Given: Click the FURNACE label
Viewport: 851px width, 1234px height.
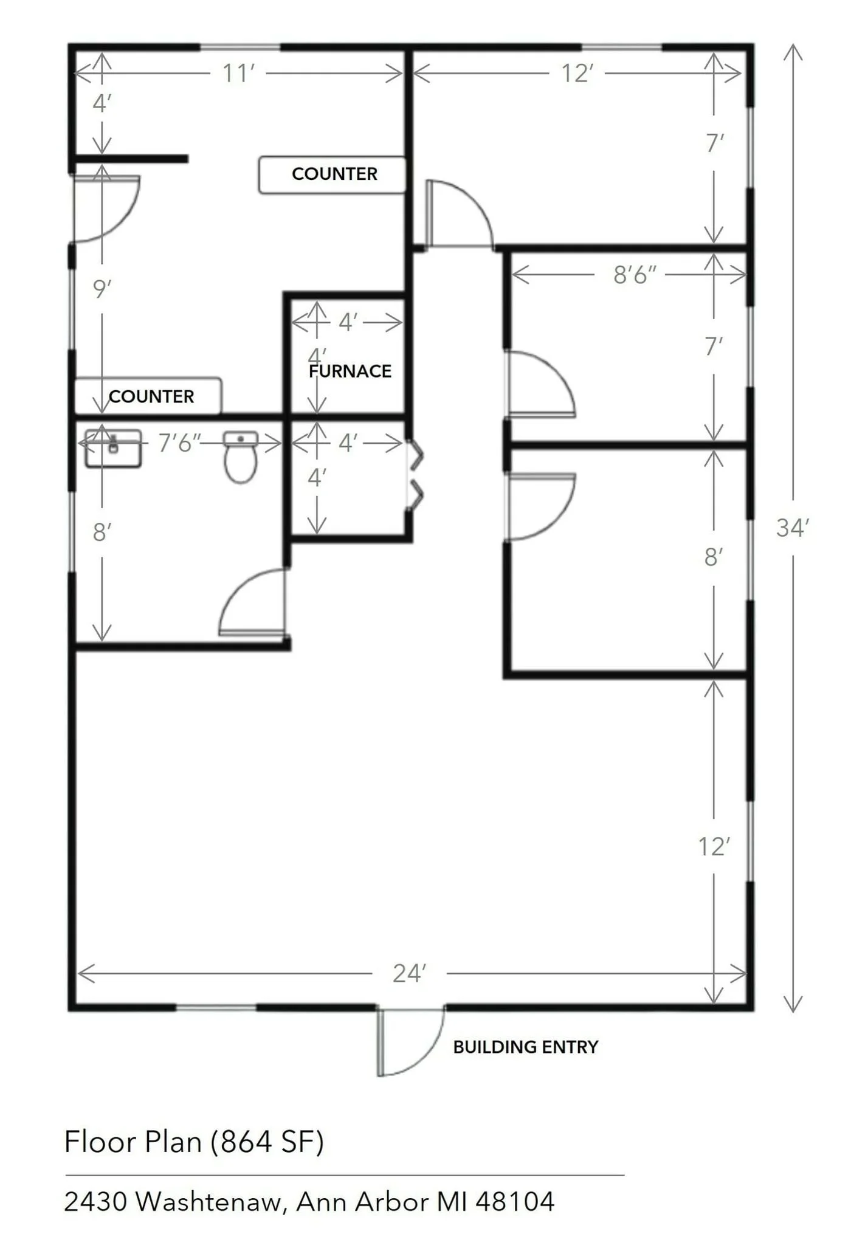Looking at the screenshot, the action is click(350, 371).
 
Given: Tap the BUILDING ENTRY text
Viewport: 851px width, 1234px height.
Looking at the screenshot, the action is click(526, 1047).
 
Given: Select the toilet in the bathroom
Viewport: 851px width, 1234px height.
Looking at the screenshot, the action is click(241, 457).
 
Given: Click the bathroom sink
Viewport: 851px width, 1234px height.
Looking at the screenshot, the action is click(113, 449).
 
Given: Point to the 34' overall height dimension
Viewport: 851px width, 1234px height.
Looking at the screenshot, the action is click(793, 528).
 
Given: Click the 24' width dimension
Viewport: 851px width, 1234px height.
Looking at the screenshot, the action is click(409, 973).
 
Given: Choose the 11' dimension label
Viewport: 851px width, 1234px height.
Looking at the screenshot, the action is click(238, 73).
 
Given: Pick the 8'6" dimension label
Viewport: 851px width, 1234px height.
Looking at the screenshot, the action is click(635, 275).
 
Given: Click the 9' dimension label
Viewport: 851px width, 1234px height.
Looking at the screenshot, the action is click(102, 289).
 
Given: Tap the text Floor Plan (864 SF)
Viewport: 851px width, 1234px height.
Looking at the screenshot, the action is click(194, 1142).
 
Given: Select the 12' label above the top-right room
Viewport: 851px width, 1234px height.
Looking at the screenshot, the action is click(577, 73).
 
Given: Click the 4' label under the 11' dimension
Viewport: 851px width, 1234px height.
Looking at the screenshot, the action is click(102, 103).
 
